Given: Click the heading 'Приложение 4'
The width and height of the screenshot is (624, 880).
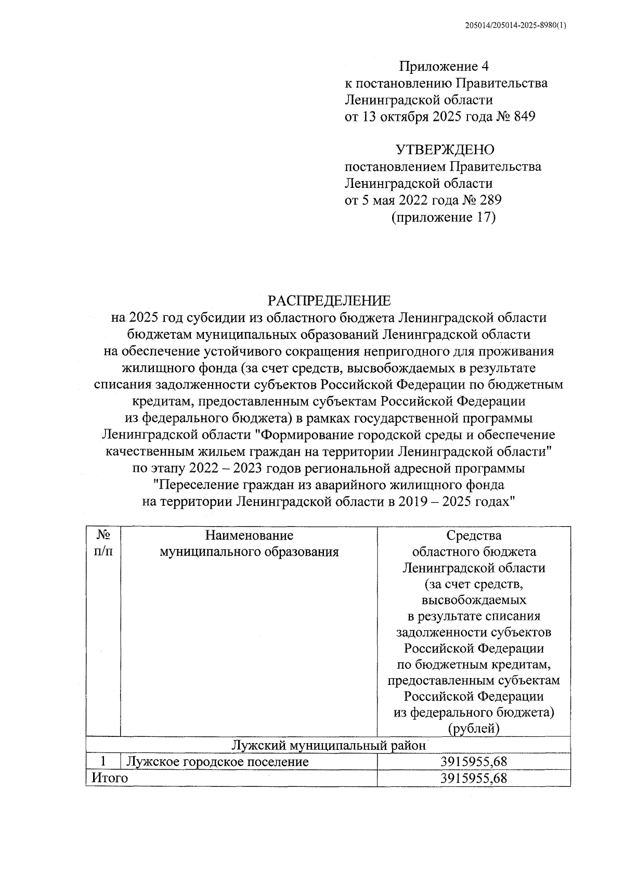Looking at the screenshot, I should [445, 66].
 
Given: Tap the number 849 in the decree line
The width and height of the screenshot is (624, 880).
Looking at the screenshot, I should [524, 117].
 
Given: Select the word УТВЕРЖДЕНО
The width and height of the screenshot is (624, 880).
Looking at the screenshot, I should [445, 150].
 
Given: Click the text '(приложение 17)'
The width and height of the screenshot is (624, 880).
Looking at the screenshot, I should [444, 217].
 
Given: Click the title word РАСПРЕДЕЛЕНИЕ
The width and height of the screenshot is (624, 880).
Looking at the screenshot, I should [329, 301].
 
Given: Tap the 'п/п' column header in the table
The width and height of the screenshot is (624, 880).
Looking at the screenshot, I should [103, 552].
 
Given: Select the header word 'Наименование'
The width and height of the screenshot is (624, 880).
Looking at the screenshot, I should [249, 535].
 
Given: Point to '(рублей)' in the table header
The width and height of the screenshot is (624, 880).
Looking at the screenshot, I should [474, 729].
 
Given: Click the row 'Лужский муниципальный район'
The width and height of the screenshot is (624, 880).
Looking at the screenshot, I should [329, 745].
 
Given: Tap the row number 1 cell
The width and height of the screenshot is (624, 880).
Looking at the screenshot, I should [103, 762].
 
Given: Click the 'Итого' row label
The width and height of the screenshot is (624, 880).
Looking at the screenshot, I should [110, 778].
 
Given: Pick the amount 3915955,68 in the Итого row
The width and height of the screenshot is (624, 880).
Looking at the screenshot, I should [474, 778].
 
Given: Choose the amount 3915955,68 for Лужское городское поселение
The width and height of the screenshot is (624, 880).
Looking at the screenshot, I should [474, 762].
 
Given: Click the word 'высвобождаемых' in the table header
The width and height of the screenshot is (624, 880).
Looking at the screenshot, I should [474, 600].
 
